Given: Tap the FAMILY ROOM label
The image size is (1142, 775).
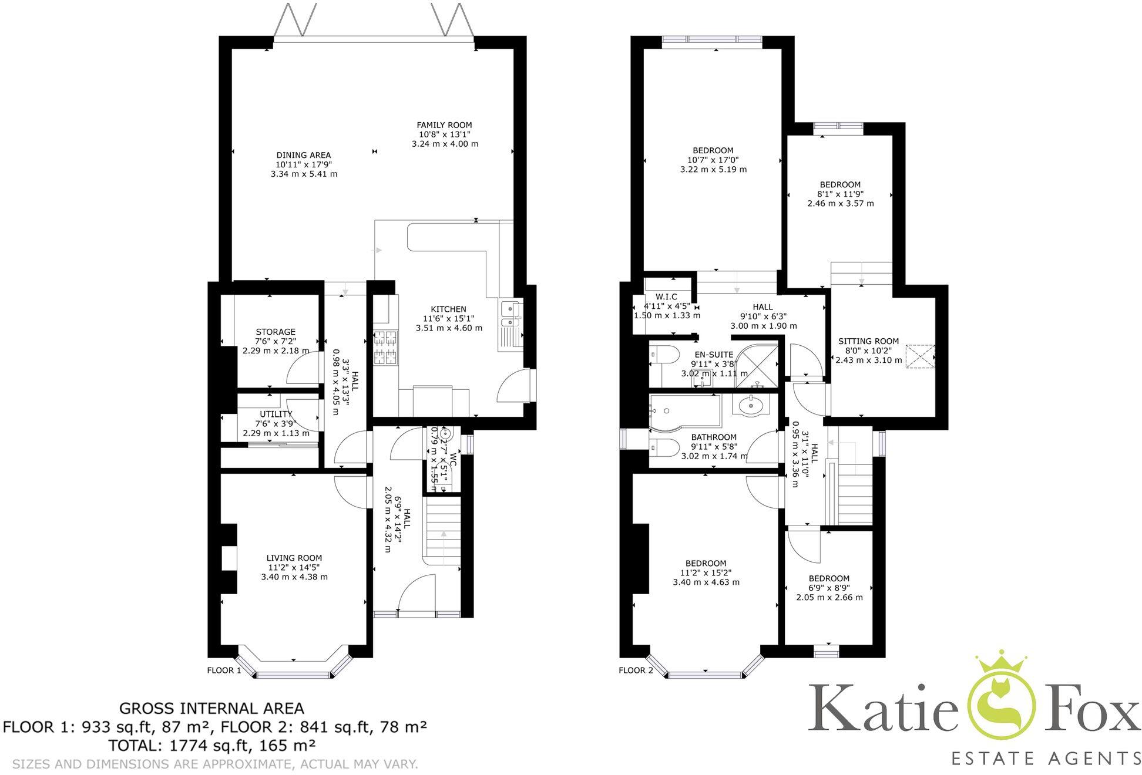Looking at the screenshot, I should click(444, 125).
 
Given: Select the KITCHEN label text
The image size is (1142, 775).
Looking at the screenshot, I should click(448, 309).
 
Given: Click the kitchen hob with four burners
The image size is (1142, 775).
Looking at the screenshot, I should click(385, 346).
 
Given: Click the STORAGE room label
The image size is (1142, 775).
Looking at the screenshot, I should click(276, 332).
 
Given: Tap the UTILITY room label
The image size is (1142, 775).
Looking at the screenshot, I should click(276, 415).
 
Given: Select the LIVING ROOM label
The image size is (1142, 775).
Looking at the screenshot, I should click(294, 558).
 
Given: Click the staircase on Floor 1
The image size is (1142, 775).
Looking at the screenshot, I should click(442, 531).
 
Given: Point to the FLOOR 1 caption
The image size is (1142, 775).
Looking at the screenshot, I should click(224, 670).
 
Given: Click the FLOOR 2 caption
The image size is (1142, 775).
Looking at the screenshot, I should click(636, 670).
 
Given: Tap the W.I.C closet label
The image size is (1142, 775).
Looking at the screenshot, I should click(666, 297).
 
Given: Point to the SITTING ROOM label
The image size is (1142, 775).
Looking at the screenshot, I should click(868, 341).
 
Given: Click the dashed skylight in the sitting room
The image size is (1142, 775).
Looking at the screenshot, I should click(919, 356).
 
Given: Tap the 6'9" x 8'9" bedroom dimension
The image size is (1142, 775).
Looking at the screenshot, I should click(828, 588).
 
